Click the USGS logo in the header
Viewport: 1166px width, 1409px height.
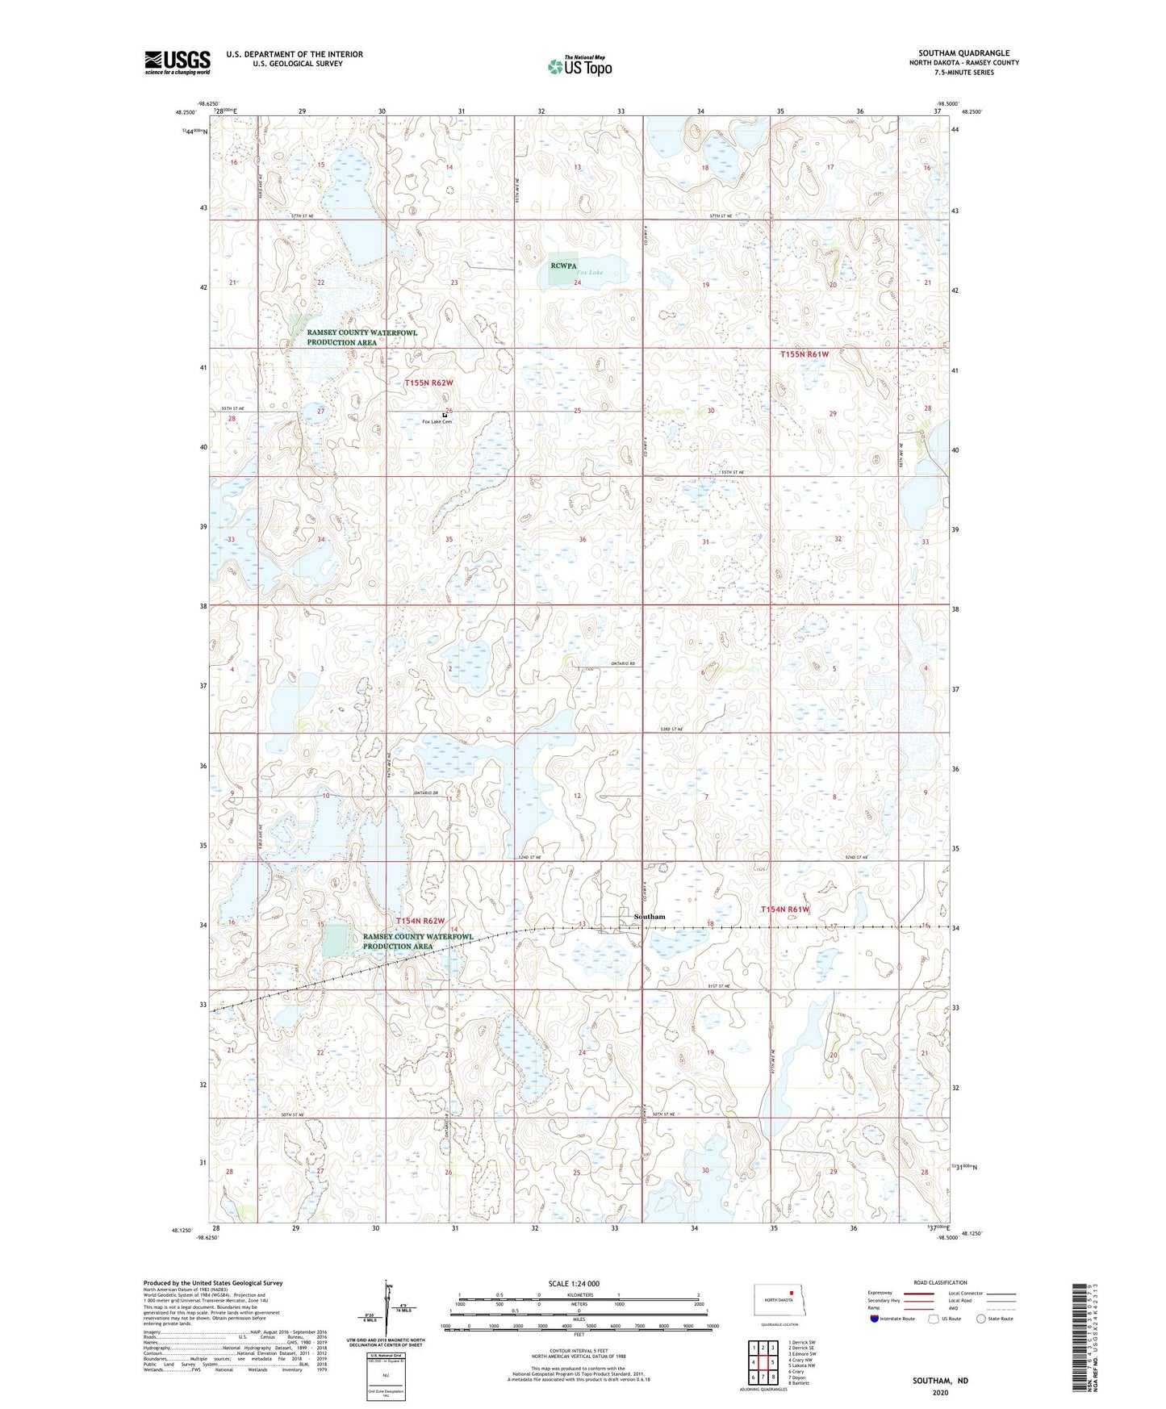[x=177, y=62]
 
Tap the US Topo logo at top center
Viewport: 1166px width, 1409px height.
[x=579, y=66]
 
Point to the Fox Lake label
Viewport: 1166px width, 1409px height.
[x=590, y=273]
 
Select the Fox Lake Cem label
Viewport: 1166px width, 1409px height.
[x=437, y=422]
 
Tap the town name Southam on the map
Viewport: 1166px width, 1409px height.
[x=650, y=917]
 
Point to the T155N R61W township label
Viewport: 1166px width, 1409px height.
[x=804, y=354]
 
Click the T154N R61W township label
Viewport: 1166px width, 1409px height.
[x=785, y=909]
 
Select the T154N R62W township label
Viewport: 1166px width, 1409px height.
[x=420, y=921]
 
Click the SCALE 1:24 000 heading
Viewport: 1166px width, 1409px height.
[x=573, y=1283]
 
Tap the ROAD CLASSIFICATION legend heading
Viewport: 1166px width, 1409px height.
[x=940, y=1282]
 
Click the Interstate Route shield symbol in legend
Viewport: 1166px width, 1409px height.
[x=875, y=1319]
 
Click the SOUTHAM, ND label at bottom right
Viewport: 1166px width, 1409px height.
[x=940, y=1381]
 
